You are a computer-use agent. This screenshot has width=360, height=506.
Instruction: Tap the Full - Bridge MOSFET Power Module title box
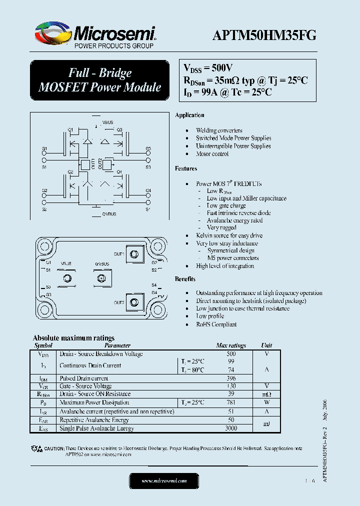coord(100,80)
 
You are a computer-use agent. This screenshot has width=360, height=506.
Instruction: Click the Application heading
coord(189,115)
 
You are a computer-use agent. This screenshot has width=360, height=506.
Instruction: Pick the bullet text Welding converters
coord(219,130)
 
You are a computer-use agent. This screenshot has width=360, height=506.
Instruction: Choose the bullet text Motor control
coord(212,154)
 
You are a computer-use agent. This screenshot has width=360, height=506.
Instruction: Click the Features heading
coord(186,168)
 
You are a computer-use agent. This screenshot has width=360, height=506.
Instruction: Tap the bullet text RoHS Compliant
coord(216,324)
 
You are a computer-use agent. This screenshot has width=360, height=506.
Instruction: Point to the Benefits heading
coord(185,278)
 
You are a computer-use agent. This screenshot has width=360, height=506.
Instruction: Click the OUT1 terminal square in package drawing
coord(134,254)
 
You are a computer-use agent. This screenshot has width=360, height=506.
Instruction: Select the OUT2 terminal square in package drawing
coord(134,301)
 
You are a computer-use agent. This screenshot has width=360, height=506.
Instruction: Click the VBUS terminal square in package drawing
coord(66,277)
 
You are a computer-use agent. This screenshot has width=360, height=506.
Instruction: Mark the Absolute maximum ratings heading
coord(73,338)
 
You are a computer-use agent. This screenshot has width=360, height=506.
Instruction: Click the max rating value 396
coord(230,378)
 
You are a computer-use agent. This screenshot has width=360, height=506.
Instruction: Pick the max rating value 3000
coord(230,428)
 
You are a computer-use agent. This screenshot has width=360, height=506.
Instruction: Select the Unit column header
coord(266,345)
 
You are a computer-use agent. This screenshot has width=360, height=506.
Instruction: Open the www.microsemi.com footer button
coord(164,481)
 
